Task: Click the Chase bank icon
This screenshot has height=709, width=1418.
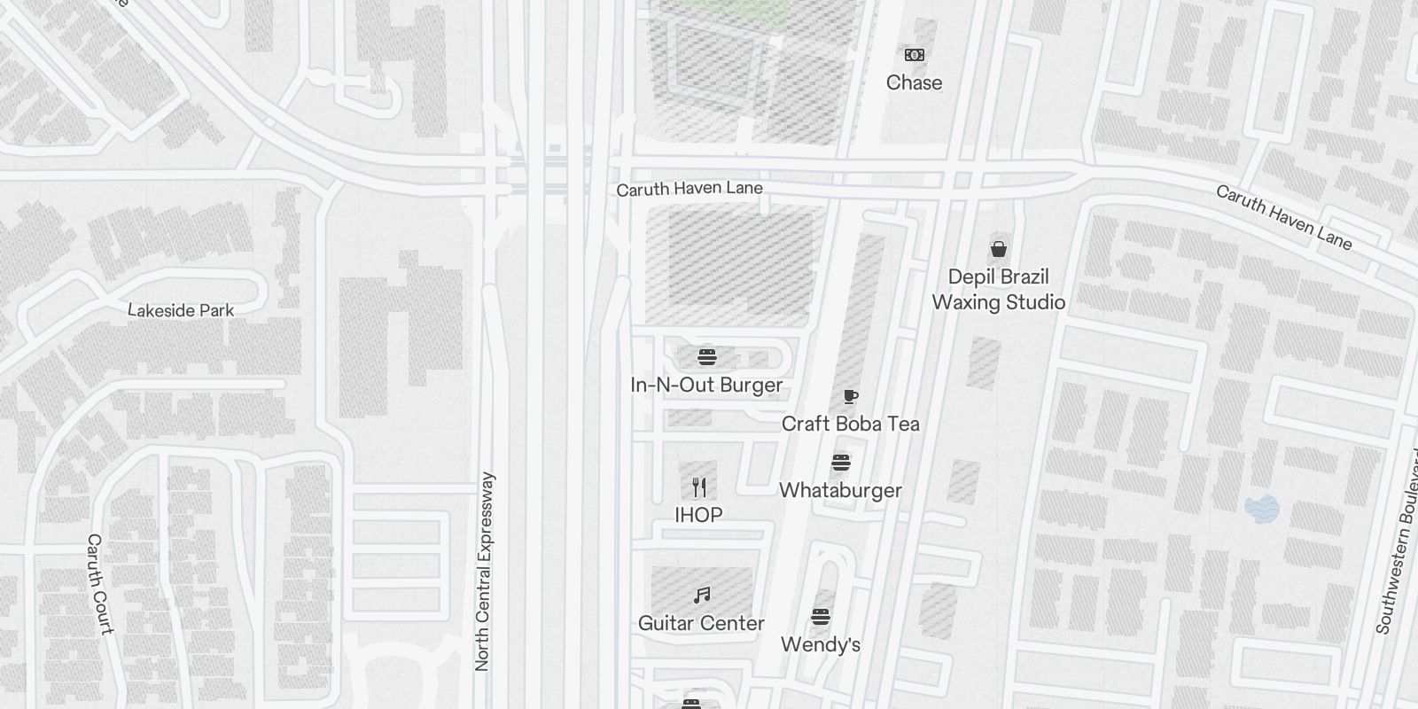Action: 915,55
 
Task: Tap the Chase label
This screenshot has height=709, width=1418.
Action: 914,82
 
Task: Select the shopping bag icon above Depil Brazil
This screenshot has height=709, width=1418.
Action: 999,248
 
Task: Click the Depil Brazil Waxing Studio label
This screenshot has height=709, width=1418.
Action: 998,290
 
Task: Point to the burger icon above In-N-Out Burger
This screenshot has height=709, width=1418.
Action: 706,357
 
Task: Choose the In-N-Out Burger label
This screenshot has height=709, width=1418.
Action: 706,385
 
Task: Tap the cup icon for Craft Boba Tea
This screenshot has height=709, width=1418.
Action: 850,396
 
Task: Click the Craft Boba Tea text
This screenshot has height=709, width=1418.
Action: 850,424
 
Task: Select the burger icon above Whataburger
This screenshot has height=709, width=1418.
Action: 841,463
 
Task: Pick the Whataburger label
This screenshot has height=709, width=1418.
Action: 840,490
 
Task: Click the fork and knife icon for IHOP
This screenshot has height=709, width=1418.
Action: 699,487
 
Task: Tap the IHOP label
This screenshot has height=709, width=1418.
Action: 698,515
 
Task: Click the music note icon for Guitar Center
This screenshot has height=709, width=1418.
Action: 702,595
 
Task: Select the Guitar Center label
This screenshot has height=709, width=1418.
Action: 701,623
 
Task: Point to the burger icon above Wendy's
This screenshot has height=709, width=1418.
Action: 821,617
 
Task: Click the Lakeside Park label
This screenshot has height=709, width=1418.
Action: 181,310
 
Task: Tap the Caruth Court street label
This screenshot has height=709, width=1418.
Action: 100,584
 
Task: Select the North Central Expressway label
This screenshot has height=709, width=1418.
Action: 483,572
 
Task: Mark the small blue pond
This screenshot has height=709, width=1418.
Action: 1262,509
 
